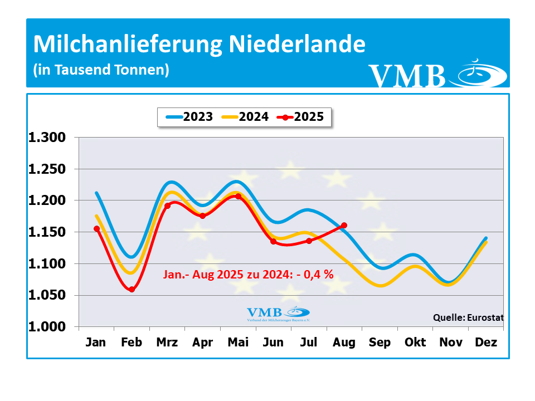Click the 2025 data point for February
[x=132, y=289]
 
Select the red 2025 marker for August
[x=344, y=226]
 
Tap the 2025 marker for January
[x=97, y=228]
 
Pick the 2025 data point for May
[x=238, y=196]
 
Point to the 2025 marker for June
[x=273, y=241]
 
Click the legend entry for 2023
[x=189, y=117]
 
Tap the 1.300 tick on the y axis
[x=47, y=137]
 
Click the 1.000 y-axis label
[x=47, y=326]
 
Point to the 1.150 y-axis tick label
[x=47, y=232]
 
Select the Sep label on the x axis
[x=379, y=342]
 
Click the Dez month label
[x=485, y=342]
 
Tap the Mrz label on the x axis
[x=167, y=342]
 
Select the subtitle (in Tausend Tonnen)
[x=101, y=70]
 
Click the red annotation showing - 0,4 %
[x=249, y=274]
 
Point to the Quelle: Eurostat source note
[x=468, y=317]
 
